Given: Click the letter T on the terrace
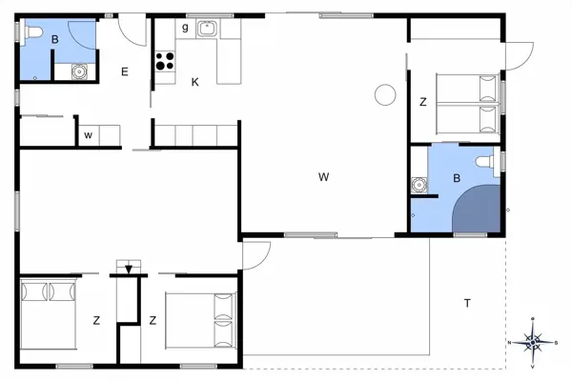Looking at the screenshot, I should click(x=467, y=303).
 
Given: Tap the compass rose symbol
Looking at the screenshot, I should click(x=535, y=339).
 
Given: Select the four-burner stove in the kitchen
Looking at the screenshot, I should click(x=165, y=61).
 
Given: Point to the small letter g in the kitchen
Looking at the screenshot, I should click(x=185, y=28).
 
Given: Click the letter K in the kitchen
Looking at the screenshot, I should click(x=194, y=82).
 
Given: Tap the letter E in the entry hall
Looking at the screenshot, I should click(x=125, y=71).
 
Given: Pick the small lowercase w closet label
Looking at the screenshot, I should click(x=88, y=134).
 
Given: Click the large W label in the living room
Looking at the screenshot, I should click(x=324, y=176).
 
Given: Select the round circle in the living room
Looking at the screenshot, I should click(x=385, y=93).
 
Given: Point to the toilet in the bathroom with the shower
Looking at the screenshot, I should click(x=491, y=163).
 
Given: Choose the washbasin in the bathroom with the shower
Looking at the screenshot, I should click(x=418, y=184).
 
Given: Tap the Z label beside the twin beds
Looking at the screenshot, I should click(x=422, y=102).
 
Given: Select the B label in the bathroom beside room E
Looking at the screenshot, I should click(x=55, y=40).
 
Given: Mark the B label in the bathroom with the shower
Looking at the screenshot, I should click(x=457, y=178).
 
